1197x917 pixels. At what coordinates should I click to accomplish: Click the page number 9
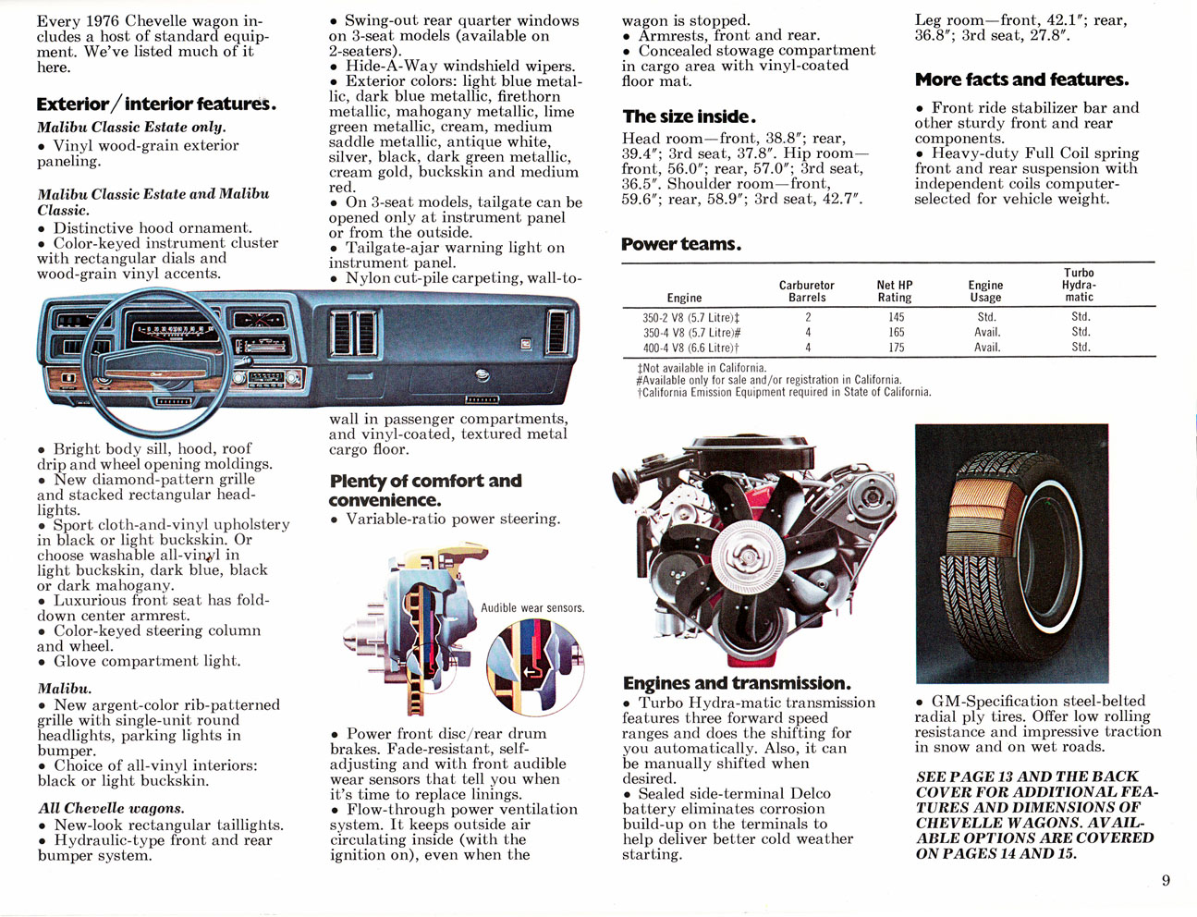(1166, 880)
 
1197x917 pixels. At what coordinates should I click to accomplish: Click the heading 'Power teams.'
(681, 245)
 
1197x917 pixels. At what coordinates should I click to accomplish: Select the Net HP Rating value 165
(896, 332)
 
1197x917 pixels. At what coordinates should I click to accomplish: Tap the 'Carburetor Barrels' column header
(806, 291)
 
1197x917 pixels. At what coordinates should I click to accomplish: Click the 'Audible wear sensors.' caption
(532, 607)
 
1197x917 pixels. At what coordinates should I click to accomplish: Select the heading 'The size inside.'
(690, 116)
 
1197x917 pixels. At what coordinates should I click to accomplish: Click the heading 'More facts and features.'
(1021, 79)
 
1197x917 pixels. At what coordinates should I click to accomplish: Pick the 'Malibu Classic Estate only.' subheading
(131, 127)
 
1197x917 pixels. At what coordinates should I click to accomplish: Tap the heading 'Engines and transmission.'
(737, 683)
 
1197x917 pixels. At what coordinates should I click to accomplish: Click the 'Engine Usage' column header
(985, 291)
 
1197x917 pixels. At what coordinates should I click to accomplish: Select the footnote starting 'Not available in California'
(702, 367)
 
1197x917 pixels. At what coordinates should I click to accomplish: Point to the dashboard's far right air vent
(557, 331)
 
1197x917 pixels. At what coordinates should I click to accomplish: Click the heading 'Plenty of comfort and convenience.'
(425, 490)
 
